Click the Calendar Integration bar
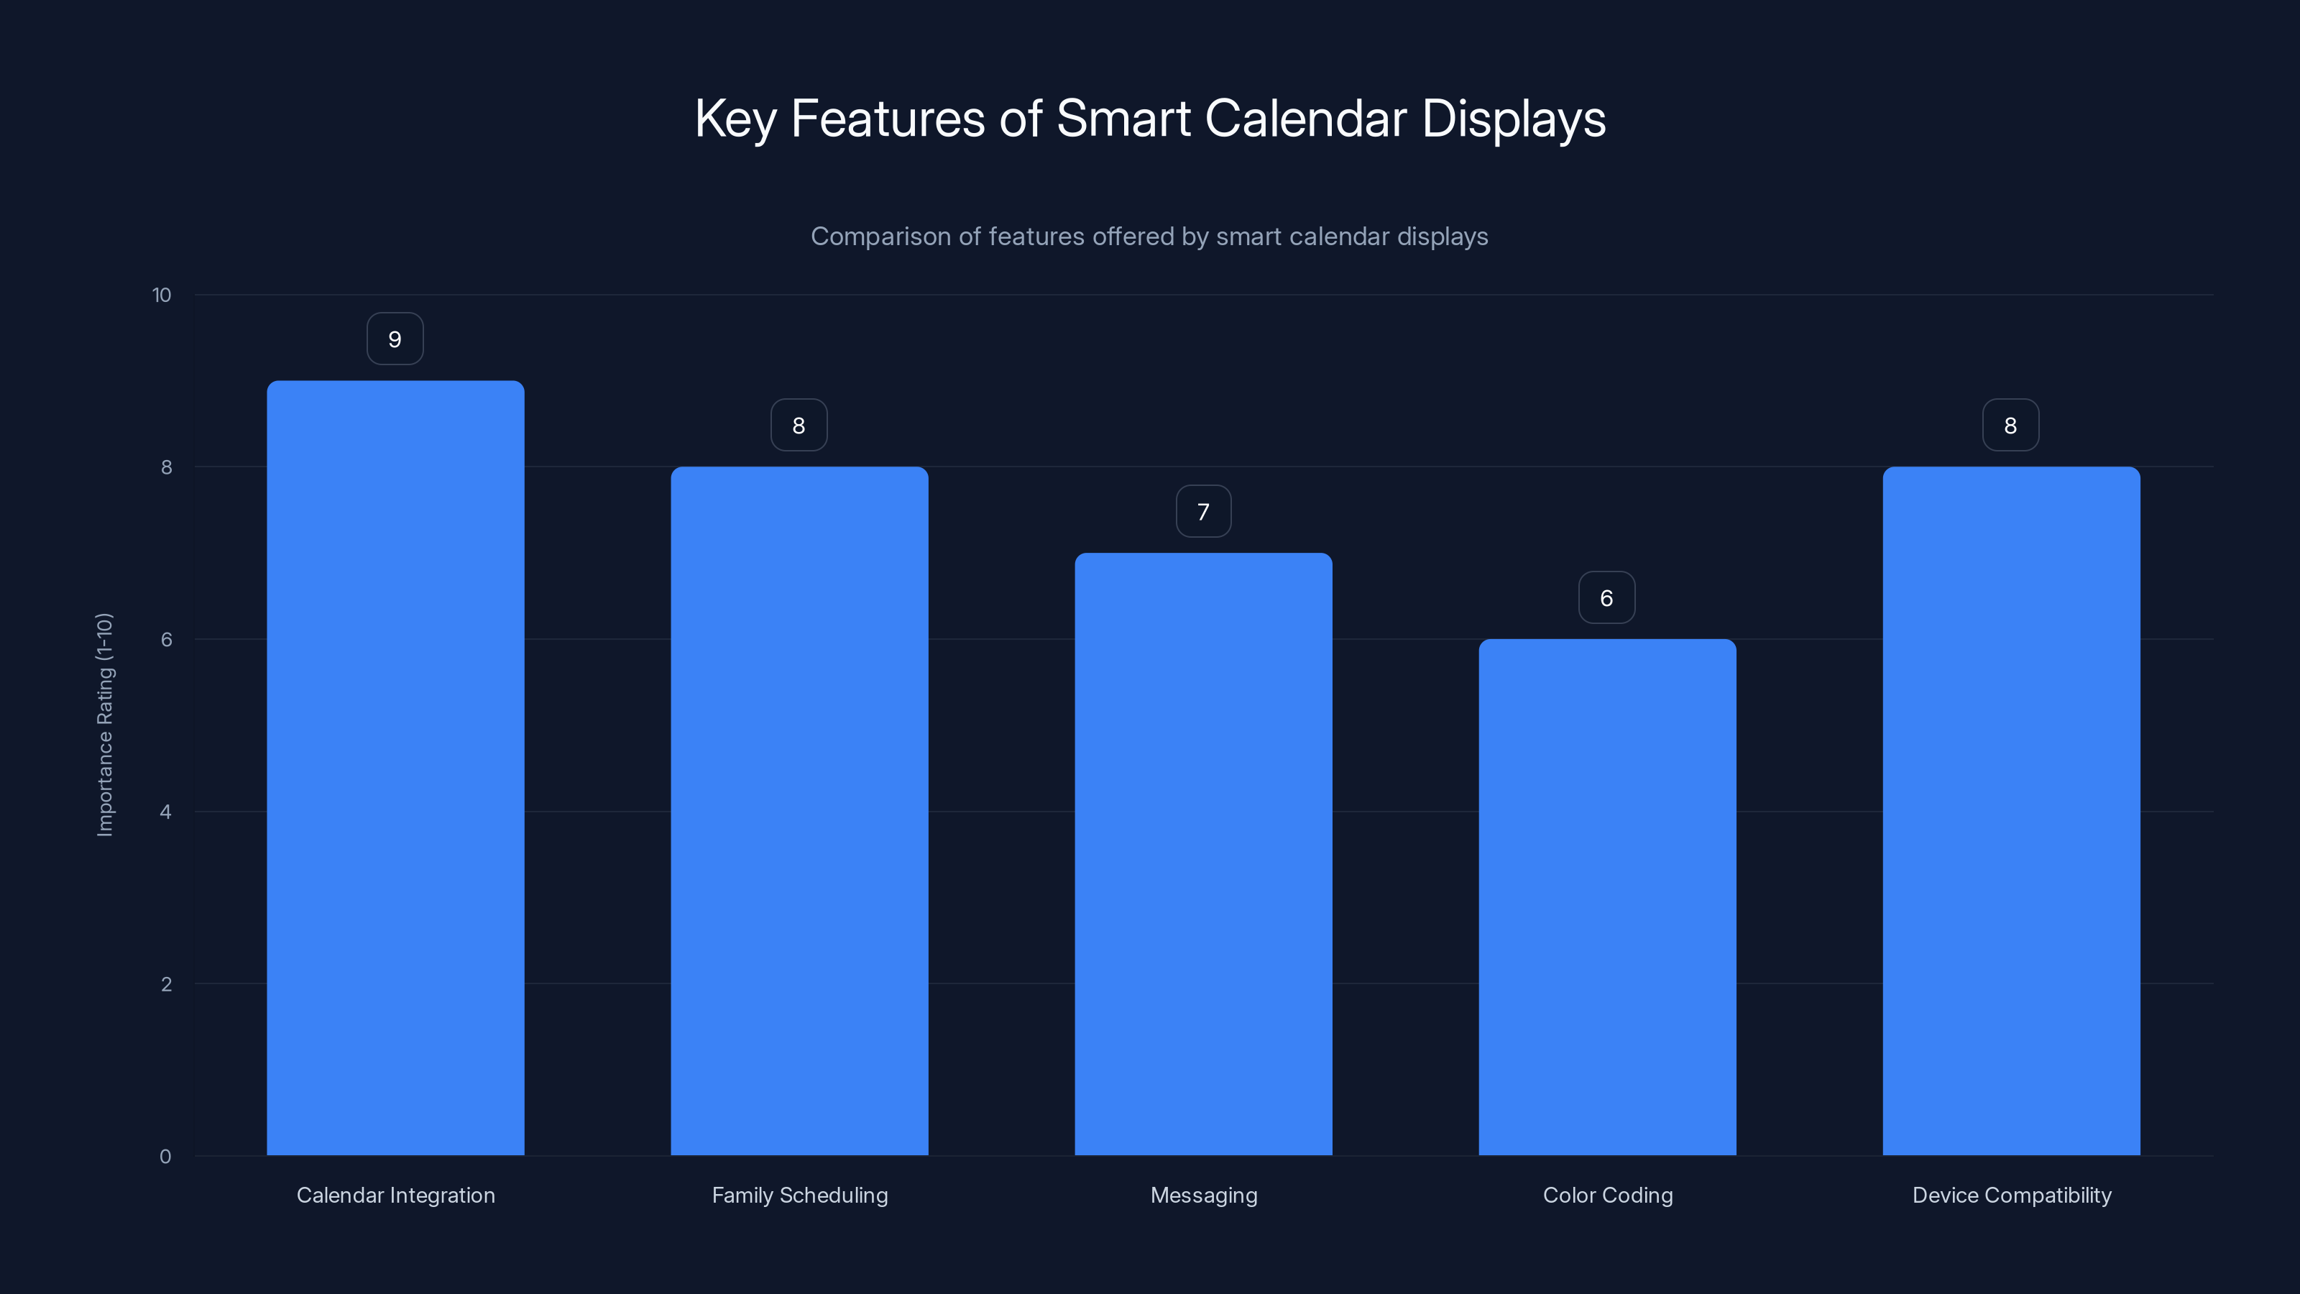point(395,768)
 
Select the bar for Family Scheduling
point(799,811)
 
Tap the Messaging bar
point(1204,854)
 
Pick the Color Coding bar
point(1607,896)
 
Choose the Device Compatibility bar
point(2011,811)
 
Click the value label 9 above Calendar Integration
point(395,339)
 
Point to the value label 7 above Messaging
point(1204,512)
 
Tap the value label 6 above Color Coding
point(1606,598)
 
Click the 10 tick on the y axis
point(162,295)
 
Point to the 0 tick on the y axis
point(165,1157)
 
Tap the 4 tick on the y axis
point(165,812)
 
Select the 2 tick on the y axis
point(166,985)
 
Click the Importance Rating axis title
point(104,724)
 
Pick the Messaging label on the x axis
point(1204,1196)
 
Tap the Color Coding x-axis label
point(1607,1196)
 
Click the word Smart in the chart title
point(1123,119)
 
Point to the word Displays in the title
point(1514,119)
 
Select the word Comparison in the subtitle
point(880,237)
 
